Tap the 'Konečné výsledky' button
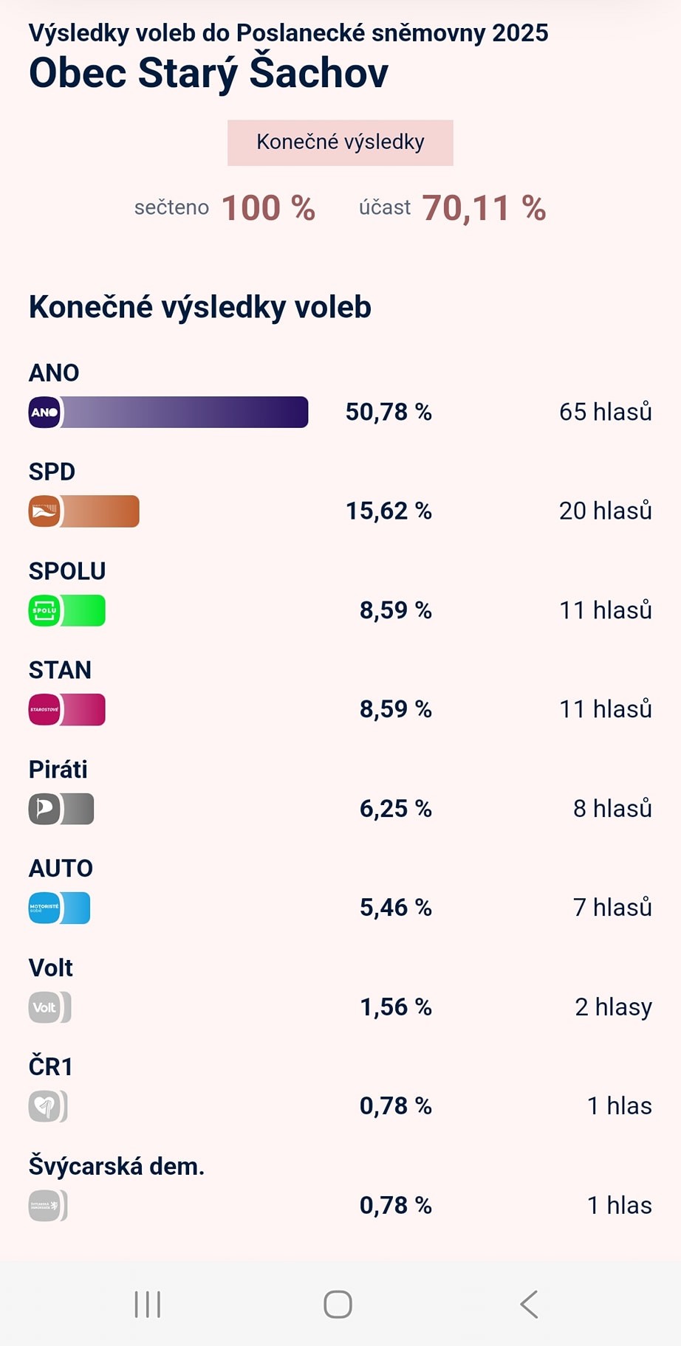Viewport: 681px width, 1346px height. (340, 142)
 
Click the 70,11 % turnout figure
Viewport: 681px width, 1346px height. (484, 208)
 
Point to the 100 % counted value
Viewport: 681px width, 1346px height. (268, 208)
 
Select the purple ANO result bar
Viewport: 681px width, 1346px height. (185, 412)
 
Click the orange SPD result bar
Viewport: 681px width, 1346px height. (100, 511)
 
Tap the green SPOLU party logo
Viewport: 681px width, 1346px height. (44, 611)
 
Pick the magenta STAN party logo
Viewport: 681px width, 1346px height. (44, 710)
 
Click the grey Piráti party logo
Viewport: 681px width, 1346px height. (44, 809)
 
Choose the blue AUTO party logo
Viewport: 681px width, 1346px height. (44, 908)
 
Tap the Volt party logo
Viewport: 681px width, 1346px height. (44, 1007)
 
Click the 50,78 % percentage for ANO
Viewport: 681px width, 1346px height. (389, 412)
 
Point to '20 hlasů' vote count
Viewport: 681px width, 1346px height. (605, 511)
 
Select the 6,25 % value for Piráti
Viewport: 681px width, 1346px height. (395, 809)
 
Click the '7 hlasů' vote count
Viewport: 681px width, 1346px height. (612, 908)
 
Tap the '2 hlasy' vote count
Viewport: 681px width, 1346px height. (613, 1007)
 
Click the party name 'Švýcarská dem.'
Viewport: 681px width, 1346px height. (117, 1167)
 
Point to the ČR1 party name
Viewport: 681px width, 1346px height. (51, 1067)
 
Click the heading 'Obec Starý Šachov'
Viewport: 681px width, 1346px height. (208, 73)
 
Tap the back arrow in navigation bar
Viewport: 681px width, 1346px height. (529, 1305)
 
